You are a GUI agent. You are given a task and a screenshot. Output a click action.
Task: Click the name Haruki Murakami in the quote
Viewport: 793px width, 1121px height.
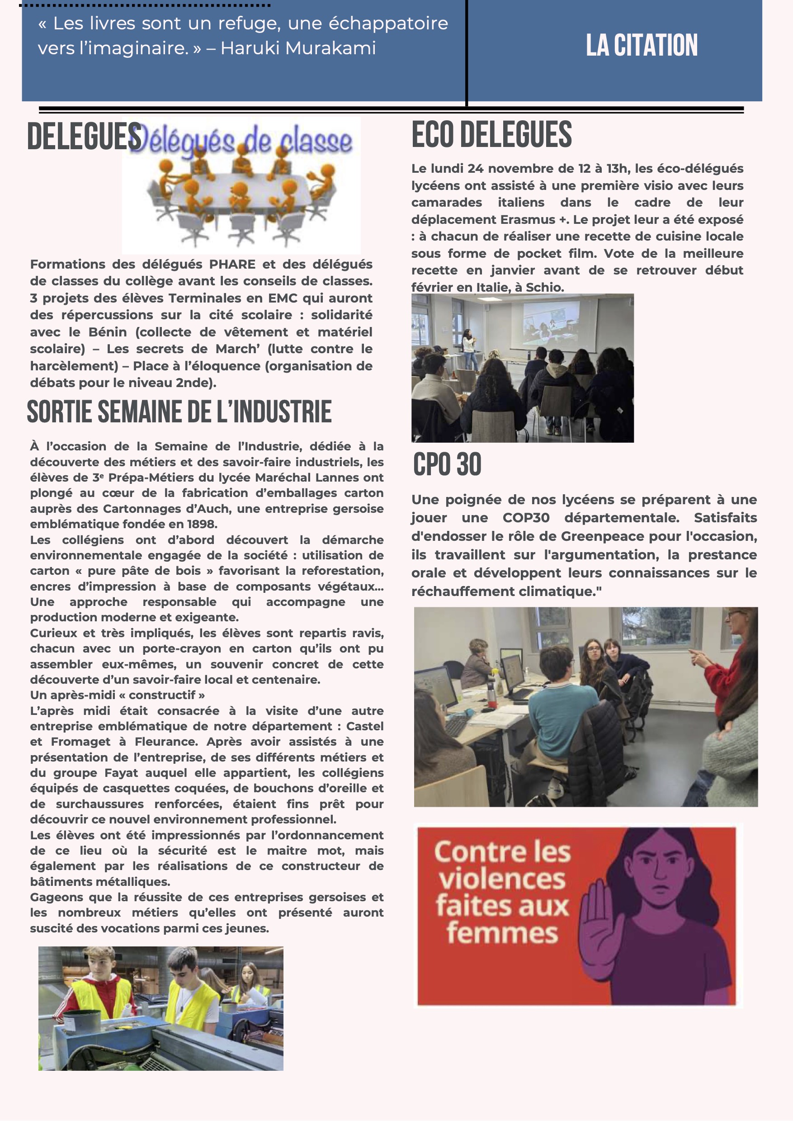click(298, 48)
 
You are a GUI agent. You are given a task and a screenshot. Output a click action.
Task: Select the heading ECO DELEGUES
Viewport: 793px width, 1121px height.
click(491, 135)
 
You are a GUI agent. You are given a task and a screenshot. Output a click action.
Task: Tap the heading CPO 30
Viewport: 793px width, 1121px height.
click(447, 464)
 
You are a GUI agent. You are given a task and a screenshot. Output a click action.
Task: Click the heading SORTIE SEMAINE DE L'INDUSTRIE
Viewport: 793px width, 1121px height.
click(179, 412)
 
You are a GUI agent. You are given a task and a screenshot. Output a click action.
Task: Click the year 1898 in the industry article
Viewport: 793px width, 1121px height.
click(201, 524)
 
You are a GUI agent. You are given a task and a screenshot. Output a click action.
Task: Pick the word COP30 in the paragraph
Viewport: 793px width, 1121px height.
click(526, 518)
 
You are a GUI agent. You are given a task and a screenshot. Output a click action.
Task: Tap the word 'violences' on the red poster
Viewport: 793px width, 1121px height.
click(502, 879)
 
